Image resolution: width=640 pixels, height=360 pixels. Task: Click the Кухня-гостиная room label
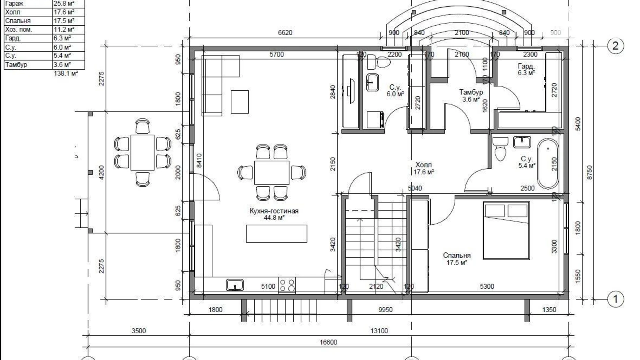[x=274, y=211]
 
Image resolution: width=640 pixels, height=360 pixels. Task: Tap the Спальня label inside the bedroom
[x=457, y=255]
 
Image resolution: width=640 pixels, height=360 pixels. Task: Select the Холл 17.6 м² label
[x=424, y=168]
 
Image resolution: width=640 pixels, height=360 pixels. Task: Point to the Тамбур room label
[x=471, y=92]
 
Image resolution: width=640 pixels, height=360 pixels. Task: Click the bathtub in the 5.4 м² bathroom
[x=548, y=164]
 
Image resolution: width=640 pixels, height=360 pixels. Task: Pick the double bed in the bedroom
[x=506, y=231]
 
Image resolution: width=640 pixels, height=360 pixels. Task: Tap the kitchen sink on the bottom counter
[x=235, y=285]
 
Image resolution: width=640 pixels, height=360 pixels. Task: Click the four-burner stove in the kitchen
[x=287, y=285]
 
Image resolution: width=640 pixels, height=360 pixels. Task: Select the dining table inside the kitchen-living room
[x=272, y=172]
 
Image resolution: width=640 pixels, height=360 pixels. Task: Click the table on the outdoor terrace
[x=143, y=153]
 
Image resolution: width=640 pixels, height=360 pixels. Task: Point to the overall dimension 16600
[x=328, y=342]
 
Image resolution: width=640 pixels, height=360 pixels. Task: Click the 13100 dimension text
[x=379, y=331]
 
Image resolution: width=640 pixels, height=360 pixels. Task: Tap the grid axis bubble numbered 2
[x=615, y=46]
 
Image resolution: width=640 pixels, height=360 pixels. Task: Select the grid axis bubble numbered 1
[x=615, y=299]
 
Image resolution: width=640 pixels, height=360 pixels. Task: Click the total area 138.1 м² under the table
[x=66, y=73]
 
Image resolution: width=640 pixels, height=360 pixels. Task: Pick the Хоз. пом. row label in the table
[x=19, y=29]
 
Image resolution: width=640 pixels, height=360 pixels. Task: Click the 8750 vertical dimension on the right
[x=590, y=172]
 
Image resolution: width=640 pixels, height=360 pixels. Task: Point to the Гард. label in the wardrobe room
[x=526, y=66]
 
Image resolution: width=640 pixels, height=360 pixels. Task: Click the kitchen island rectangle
[x=277, y=234]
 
